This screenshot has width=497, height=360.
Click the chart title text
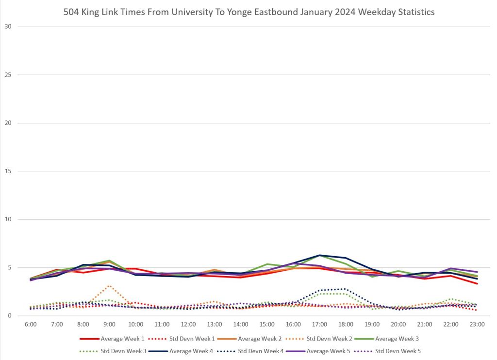click(x=248, y=12)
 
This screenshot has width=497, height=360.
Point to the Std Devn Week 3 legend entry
click(x=121, y=350)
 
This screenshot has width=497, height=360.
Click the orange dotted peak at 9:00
click(x=109, y=286)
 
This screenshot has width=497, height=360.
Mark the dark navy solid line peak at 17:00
click(x=319, y=255)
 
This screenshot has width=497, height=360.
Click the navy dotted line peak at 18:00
click(x=346, y=289)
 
